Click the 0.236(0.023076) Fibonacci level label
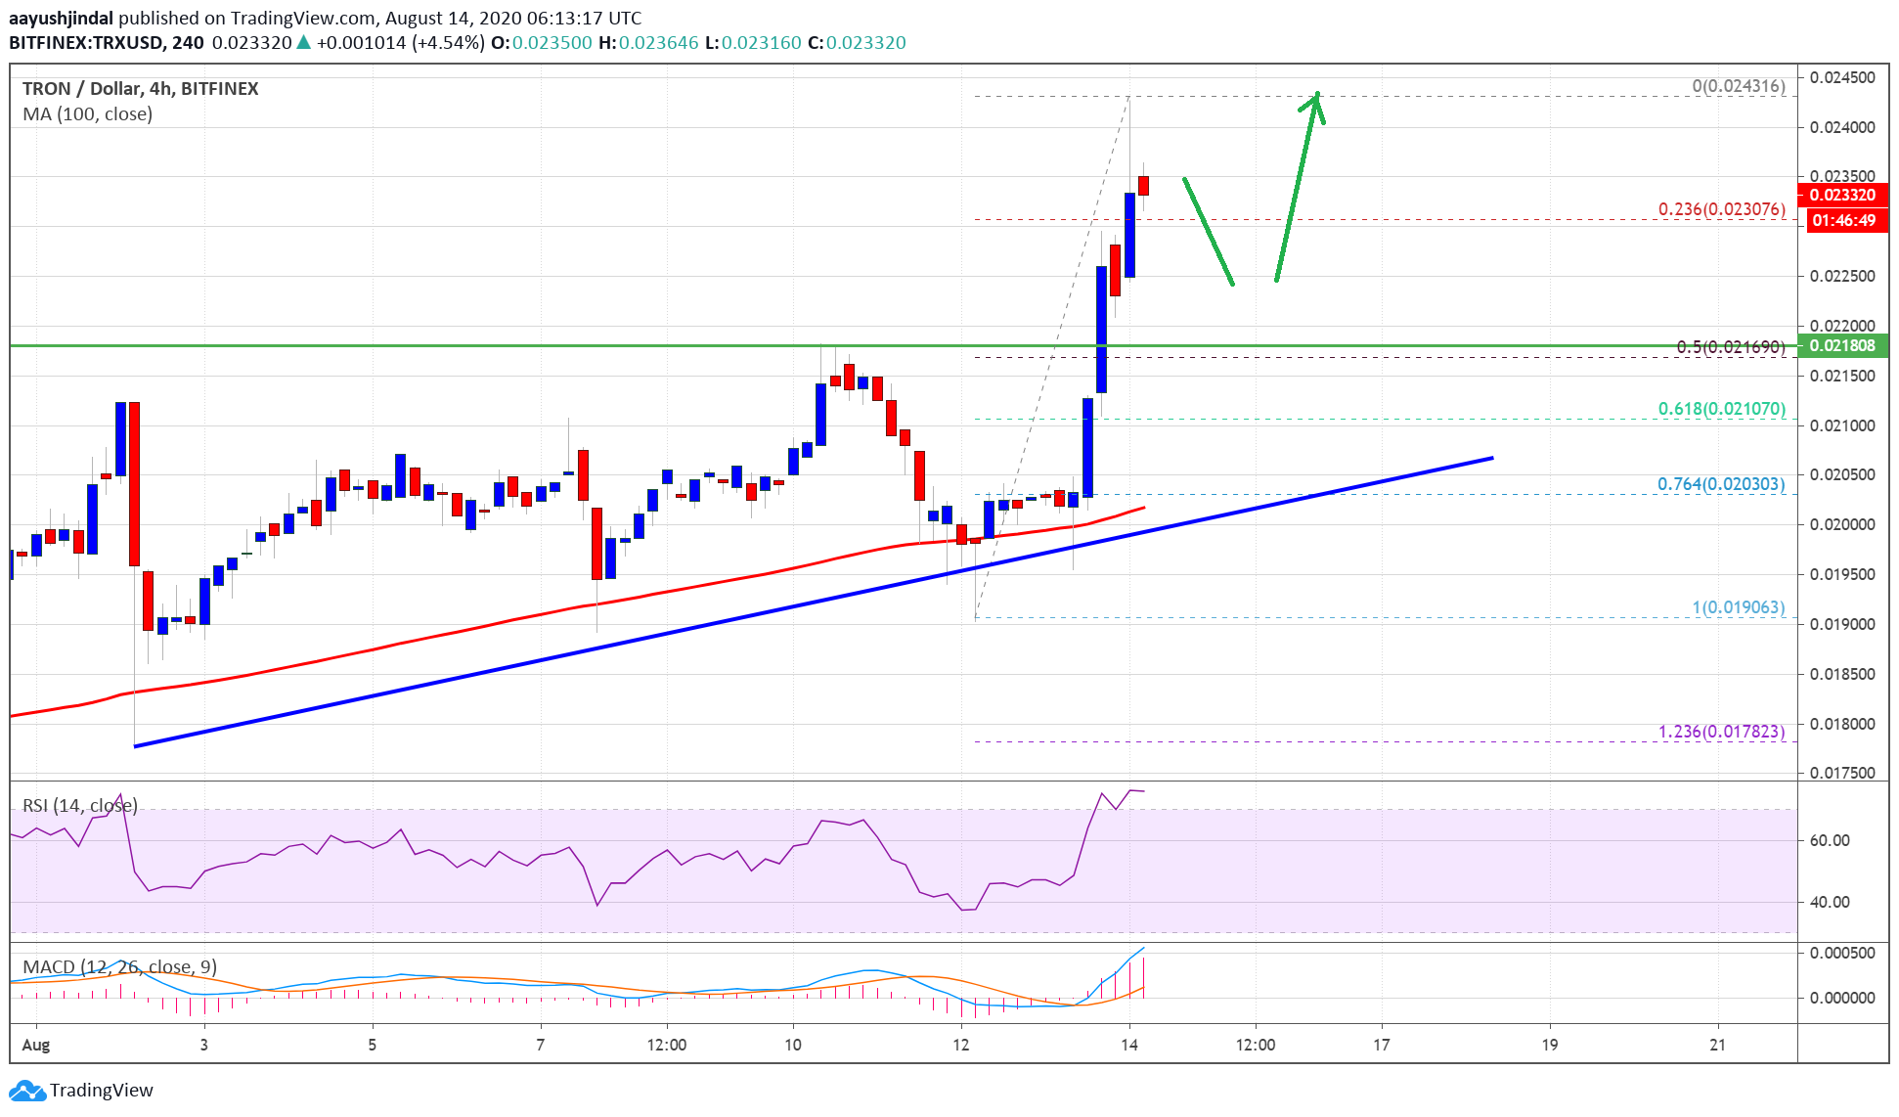click(x=1721, y=209)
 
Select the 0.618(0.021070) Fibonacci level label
click(x=1721, y=409)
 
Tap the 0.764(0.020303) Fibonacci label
click(x=1720, y=484)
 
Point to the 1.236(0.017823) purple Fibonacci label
click(x=1721, y=732)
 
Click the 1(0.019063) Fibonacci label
click(x=1738, y=607)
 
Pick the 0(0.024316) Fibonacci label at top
click(x=1738, y=86)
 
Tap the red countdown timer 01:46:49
click(x=1843, y=220)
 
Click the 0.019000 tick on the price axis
click(x=1841, y=624)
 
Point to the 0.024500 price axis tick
click(x=1841, y=77)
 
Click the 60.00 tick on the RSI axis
click(x=1829, y=840)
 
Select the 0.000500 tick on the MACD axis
click(x=1841, y=953)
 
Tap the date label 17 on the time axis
click(x=1381, y=1045)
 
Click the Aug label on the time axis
click(x=36, y=1045)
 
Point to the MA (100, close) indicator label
click(x=88, y=114)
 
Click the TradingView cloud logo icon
click(x=26, y=1091)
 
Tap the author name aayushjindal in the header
click(x=61, y=18)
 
